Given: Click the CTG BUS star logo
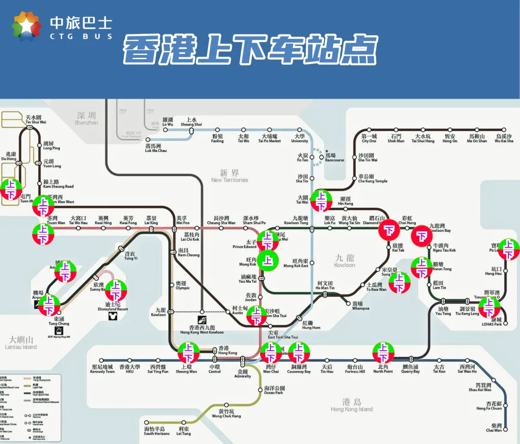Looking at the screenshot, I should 27,26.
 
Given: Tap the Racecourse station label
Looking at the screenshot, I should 334,158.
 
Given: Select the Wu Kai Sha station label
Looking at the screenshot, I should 504,139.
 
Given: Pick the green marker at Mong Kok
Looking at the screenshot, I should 268,261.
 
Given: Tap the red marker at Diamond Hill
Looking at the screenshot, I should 389,230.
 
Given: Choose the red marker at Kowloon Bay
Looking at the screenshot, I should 422,236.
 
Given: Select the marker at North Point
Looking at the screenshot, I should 383,353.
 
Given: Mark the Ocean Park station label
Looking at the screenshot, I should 274,390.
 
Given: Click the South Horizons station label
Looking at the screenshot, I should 156,431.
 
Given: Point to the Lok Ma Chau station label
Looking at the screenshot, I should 156,148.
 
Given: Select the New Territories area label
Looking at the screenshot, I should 230,176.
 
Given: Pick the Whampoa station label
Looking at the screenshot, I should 357,306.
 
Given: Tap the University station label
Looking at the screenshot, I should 299,139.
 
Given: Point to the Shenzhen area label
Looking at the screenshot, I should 86,118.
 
